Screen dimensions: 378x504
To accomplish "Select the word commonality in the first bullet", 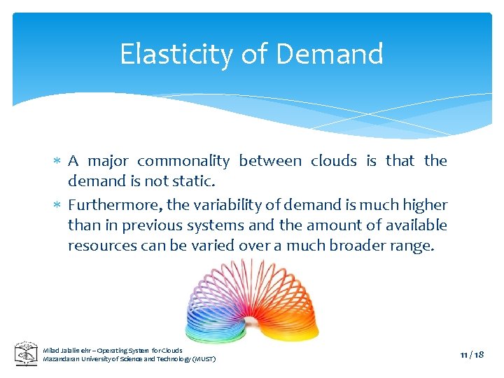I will tap(183, 161).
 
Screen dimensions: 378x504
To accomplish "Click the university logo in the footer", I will tap(27, 353).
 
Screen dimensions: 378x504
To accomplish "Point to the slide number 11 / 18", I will tap(472, 355).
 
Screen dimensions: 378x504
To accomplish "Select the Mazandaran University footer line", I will tap(129, 359).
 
